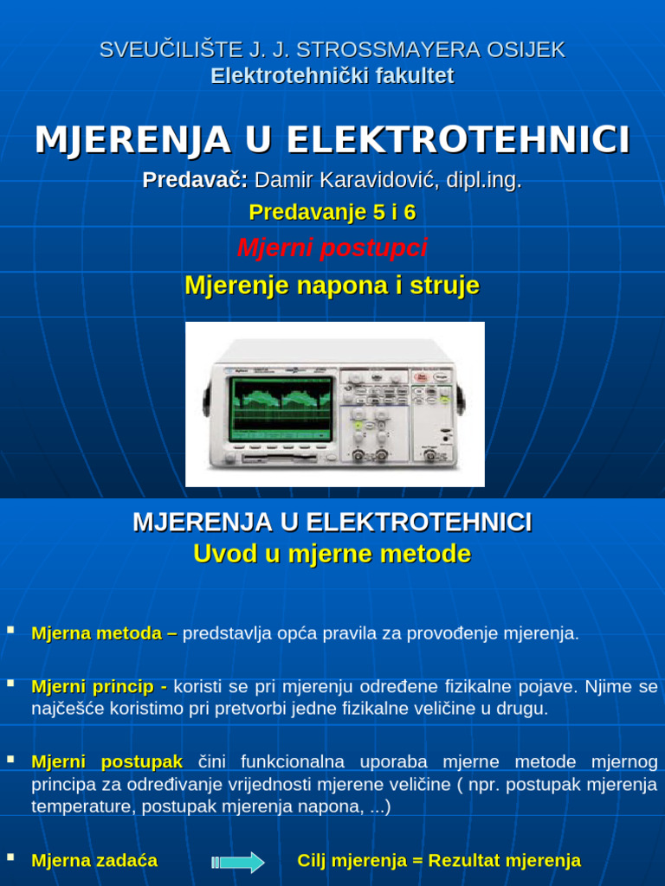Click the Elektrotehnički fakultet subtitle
[332, 76]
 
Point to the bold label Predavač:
[195, 180]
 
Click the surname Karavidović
[378, 180]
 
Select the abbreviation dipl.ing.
[483, 180]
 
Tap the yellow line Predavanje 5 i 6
[332, 212]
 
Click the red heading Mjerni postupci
[332, 248]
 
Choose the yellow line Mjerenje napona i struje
[332, 286]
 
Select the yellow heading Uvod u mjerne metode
[332, 554]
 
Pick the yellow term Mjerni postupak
[107, 762]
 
